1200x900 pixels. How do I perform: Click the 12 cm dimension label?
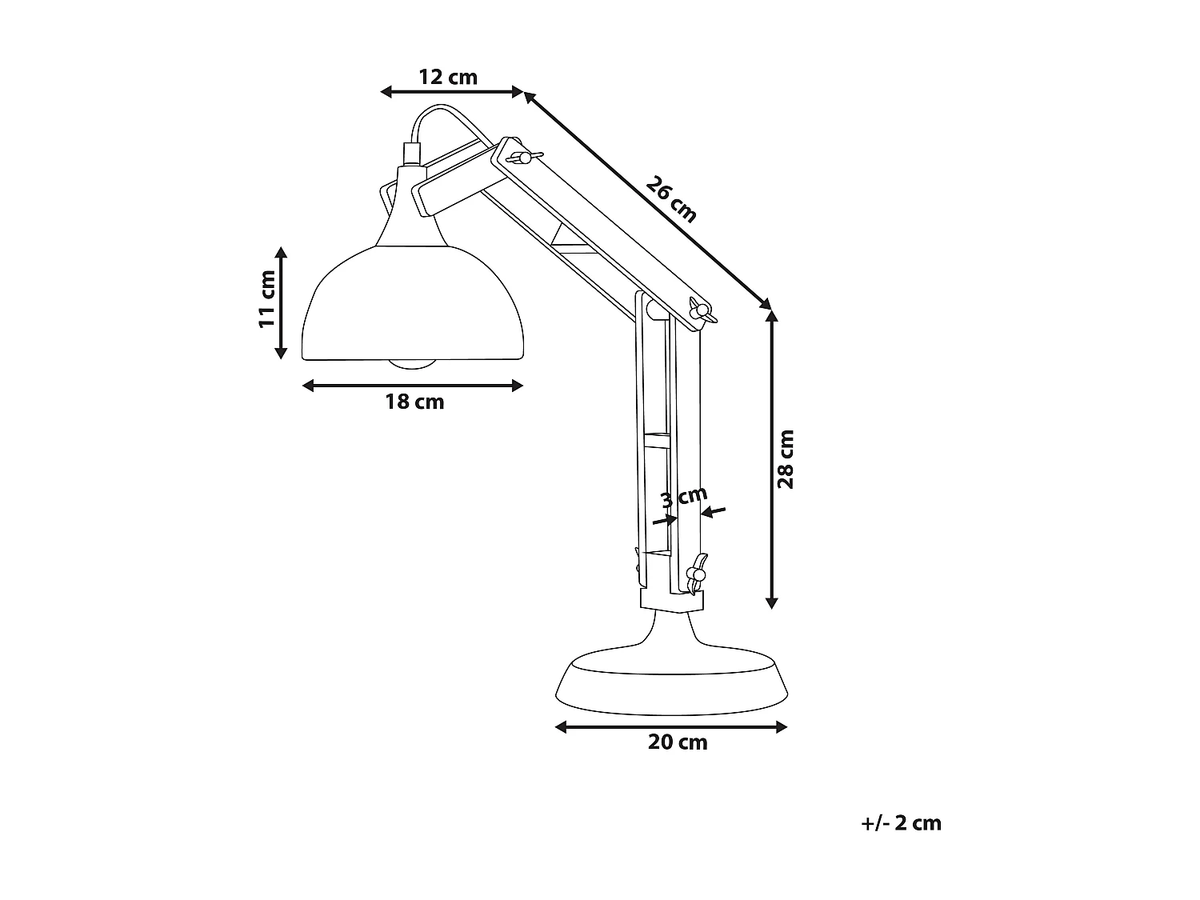(448, 77)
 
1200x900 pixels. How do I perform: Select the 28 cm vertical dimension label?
(786, 459)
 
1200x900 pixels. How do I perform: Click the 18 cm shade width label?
(414, 402)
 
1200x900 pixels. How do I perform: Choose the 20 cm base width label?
(678, 742)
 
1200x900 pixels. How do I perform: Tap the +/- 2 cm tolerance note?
(902, 822)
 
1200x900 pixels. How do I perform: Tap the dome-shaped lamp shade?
(413, 308)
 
